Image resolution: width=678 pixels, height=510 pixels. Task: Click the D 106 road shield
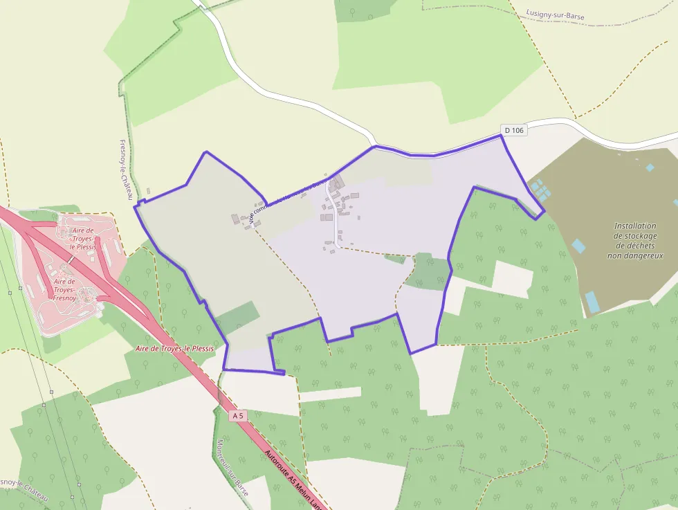[514, 130]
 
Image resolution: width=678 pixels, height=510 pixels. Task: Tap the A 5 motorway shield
[238, 415]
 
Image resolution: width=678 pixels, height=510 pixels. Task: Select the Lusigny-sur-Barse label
[556, 13]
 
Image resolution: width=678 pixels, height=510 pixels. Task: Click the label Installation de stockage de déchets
[635, 240]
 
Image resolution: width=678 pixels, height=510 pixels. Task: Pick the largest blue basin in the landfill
[592, 302]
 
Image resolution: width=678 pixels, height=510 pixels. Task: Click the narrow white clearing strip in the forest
[330, 394]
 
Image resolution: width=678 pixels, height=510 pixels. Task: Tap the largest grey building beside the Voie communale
[338, 183]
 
